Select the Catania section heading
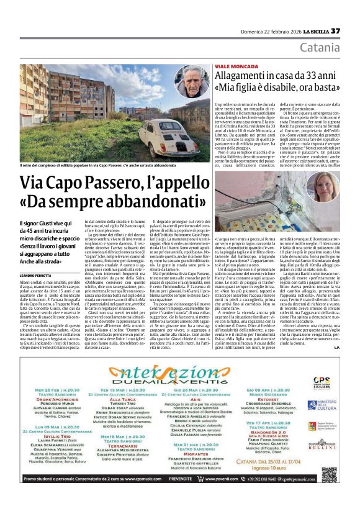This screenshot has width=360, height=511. coord(320,48)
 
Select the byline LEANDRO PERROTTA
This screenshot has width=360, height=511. coord(36,257)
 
